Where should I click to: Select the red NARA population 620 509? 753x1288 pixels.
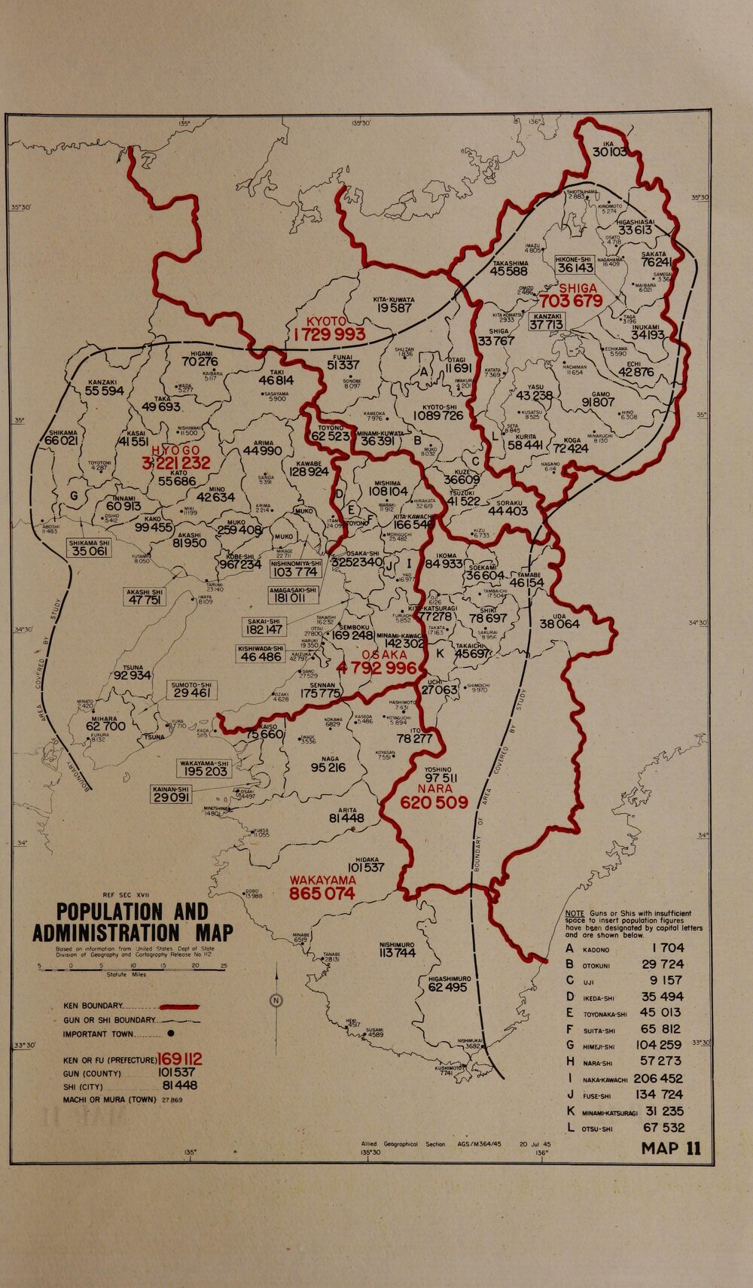(x=434, y=803)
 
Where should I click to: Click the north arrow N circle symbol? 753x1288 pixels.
(x=276, y=1000)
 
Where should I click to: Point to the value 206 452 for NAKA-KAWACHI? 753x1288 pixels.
(x=658, y=1078)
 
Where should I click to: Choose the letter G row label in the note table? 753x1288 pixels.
(x=570, y=1045)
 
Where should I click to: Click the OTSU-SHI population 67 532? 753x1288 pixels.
(x=663, y=1128)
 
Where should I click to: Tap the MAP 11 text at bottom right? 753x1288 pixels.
(x=670, y=1149)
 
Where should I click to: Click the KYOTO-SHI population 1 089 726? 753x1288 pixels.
(x=438, y=416)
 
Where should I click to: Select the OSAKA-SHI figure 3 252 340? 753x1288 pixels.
(x=357, y=562)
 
